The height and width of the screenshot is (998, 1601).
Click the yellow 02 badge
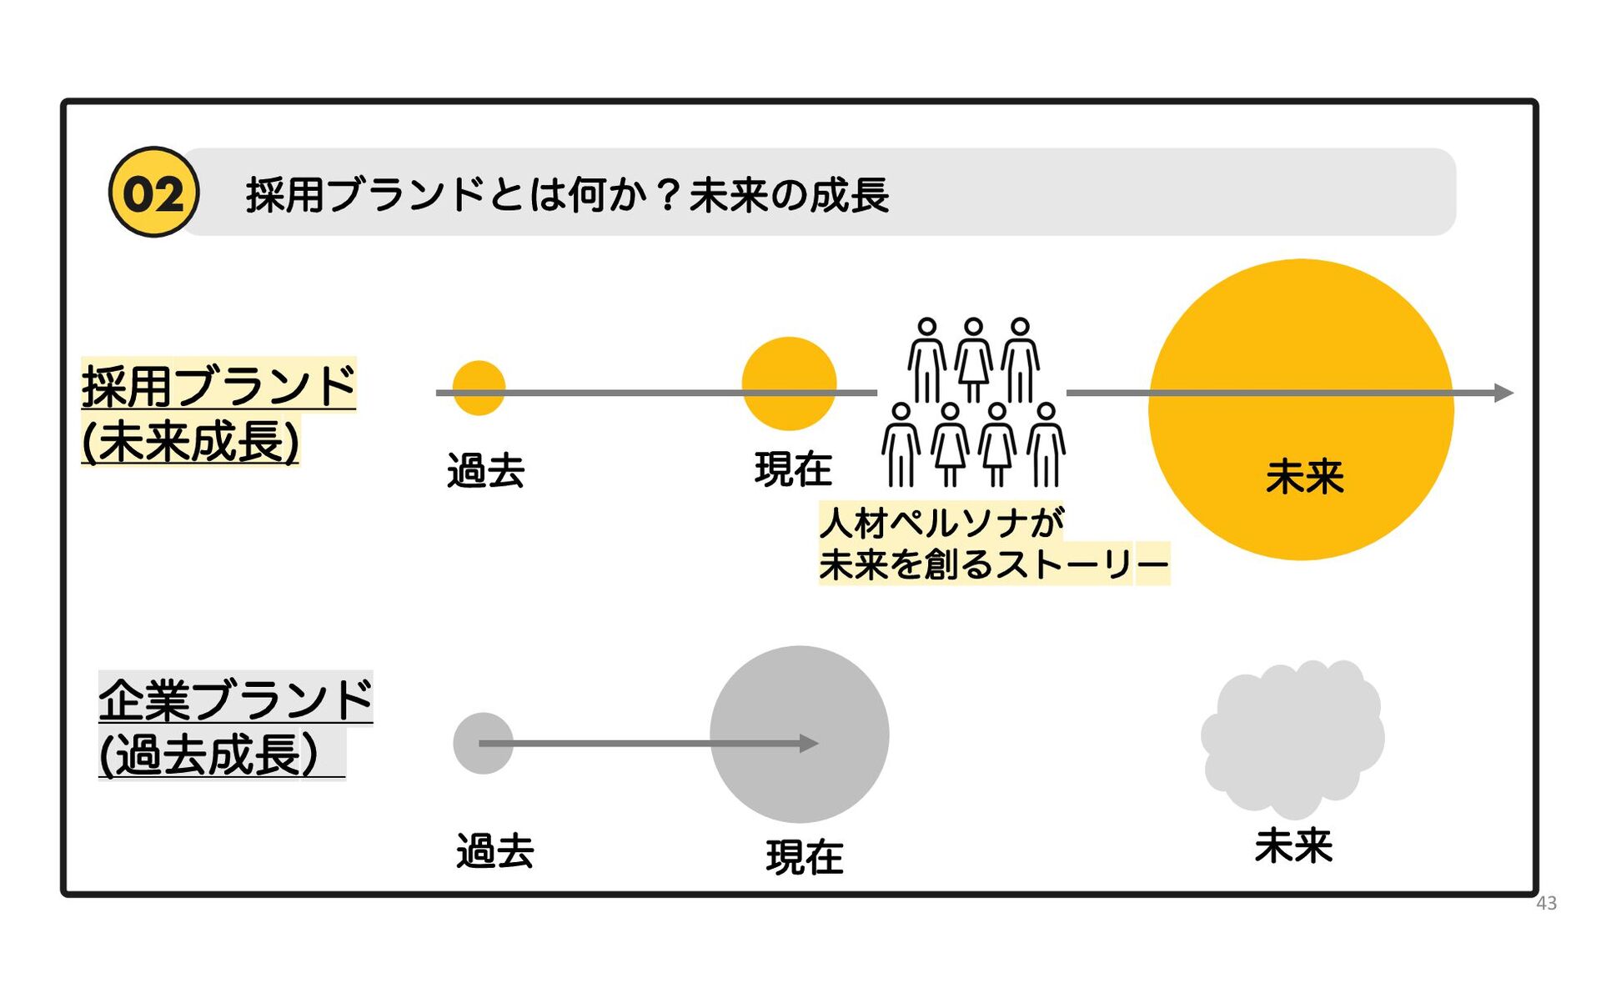(153, 193)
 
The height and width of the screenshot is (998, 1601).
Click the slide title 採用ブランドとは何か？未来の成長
(567, 195)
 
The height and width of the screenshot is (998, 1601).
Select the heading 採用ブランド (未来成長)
(218, 413)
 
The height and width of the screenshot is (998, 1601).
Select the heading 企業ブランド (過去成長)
(234, 726)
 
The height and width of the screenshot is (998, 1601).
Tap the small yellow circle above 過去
(479, 388)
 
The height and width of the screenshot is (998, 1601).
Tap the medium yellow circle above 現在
(789, 384)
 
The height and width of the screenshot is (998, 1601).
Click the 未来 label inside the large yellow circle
(1304, 477)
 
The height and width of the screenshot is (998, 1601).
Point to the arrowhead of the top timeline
(1503, 393)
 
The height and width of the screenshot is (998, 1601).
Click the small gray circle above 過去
(483, 743)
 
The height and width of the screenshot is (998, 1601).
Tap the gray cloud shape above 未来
(1292, 738)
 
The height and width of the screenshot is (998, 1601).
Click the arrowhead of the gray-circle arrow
(809, 743)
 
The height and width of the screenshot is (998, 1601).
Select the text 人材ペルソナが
(941, 523)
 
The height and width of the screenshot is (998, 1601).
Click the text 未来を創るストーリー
(993, 564)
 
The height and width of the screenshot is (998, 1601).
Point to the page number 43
(1546, 903)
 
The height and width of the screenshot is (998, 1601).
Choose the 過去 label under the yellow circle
(485, 471)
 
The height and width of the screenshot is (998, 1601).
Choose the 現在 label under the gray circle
(805, 857)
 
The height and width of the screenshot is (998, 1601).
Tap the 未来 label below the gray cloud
(1293, 846)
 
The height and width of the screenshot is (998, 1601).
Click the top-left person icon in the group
(926, 359)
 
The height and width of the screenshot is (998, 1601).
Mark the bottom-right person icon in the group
(1046, 444)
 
